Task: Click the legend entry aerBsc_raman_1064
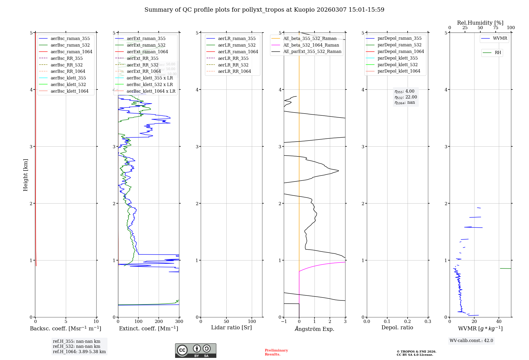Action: click(x=71, y=52)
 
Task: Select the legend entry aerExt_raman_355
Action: click(x=146, y=38)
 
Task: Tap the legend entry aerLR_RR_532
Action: click(x=233, y=65)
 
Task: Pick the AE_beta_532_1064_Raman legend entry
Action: click(x=311, y=45)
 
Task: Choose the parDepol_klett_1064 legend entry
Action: click(x=399, y=71)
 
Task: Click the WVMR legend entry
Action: click(x=500, y=38)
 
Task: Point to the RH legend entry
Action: click(x=498, y=53)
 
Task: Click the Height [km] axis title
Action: click(x=25, y=175)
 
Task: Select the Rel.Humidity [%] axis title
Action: click(x=480, y=23)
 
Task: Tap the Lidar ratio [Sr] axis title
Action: click(x=231, y=327)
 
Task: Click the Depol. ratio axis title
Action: click(x=397, y=327)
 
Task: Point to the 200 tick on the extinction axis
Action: click(x=159, y=321)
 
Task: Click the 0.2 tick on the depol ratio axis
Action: click(x=408, y=321)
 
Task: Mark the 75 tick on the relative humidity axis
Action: click(x=495, y=28)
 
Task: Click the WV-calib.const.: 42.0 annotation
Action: click(x=471, y=340)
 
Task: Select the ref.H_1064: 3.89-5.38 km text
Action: click(x=79, y=352)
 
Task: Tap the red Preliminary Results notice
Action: click(x=276, y=352)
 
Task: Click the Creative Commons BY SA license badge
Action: click(x=195, y=350)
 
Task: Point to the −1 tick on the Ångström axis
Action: click(x=284, y=321)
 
